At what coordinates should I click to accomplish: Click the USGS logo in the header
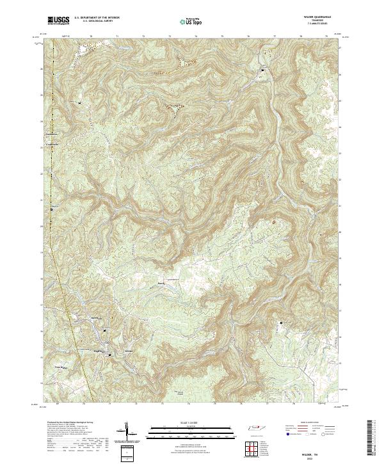pyautogui.click(x=59, y=21)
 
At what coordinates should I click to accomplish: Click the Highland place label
pyautogui.click(x=99, y=351)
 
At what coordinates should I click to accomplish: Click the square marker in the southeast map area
pyautogui.click(x=281, y=323)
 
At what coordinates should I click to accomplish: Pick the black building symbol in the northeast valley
pyautogui.click(x=262, y=69)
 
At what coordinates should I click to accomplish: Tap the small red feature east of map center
pyautogui.click(x=275, y=222)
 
